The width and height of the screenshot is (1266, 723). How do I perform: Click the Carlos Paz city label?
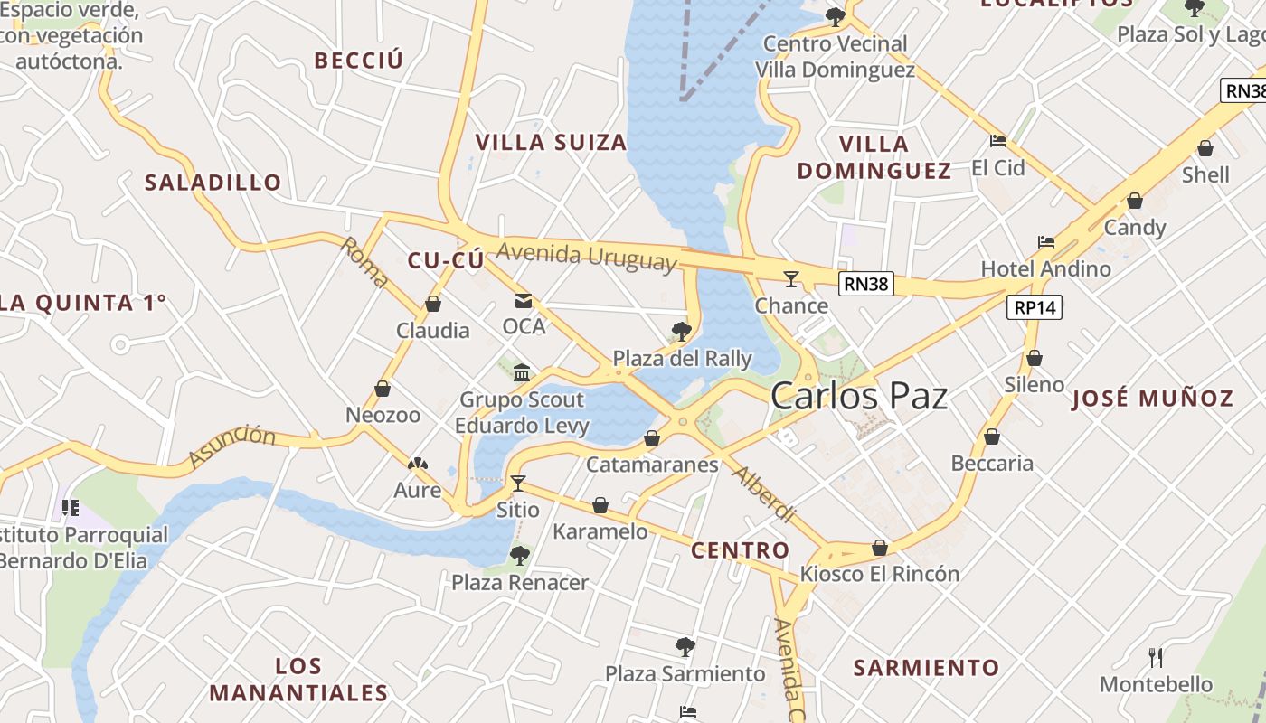(859, 397)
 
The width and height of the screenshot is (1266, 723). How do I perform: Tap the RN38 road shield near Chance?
(866, 284)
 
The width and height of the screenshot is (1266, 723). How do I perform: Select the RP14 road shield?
(1035, 307)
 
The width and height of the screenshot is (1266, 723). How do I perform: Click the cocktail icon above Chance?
(791, 278)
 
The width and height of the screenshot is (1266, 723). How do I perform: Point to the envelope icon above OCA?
(524, 300)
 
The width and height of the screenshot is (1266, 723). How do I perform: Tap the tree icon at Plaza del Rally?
(682, 332)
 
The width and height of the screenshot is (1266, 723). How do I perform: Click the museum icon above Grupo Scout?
(522, 372)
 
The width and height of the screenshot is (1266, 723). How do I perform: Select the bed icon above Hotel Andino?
(1046, 242)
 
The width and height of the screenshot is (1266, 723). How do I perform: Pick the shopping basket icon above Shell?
(1205, 148)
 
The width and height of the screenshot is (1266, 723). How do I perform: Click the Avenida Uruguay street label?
(587, 256)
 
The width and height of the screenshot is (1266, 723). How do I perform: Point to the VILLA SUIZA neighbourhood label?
(551, 142)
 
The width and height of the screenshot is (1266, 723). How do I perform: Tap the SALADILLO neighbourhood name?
(213, 183)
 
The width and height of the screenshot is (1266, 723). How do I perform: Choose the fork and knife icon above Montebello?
(1156, 657)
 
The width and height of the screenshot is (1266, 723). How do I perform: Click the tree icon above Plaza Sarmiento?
(685, 647)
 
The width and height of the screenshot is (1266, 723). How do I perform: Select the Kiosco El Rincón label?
(880, 574)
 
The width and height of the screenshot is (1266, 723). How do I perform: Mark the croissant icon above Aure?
(418, 465)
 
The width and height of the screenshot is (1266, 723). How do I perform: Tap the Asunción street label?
(231, 447)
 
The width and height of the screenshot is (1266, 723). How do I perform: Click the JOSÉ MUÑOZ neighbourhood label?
(1152, 399)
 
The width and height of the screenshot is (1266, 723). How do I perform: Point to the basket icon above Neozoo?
(383, 389)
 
